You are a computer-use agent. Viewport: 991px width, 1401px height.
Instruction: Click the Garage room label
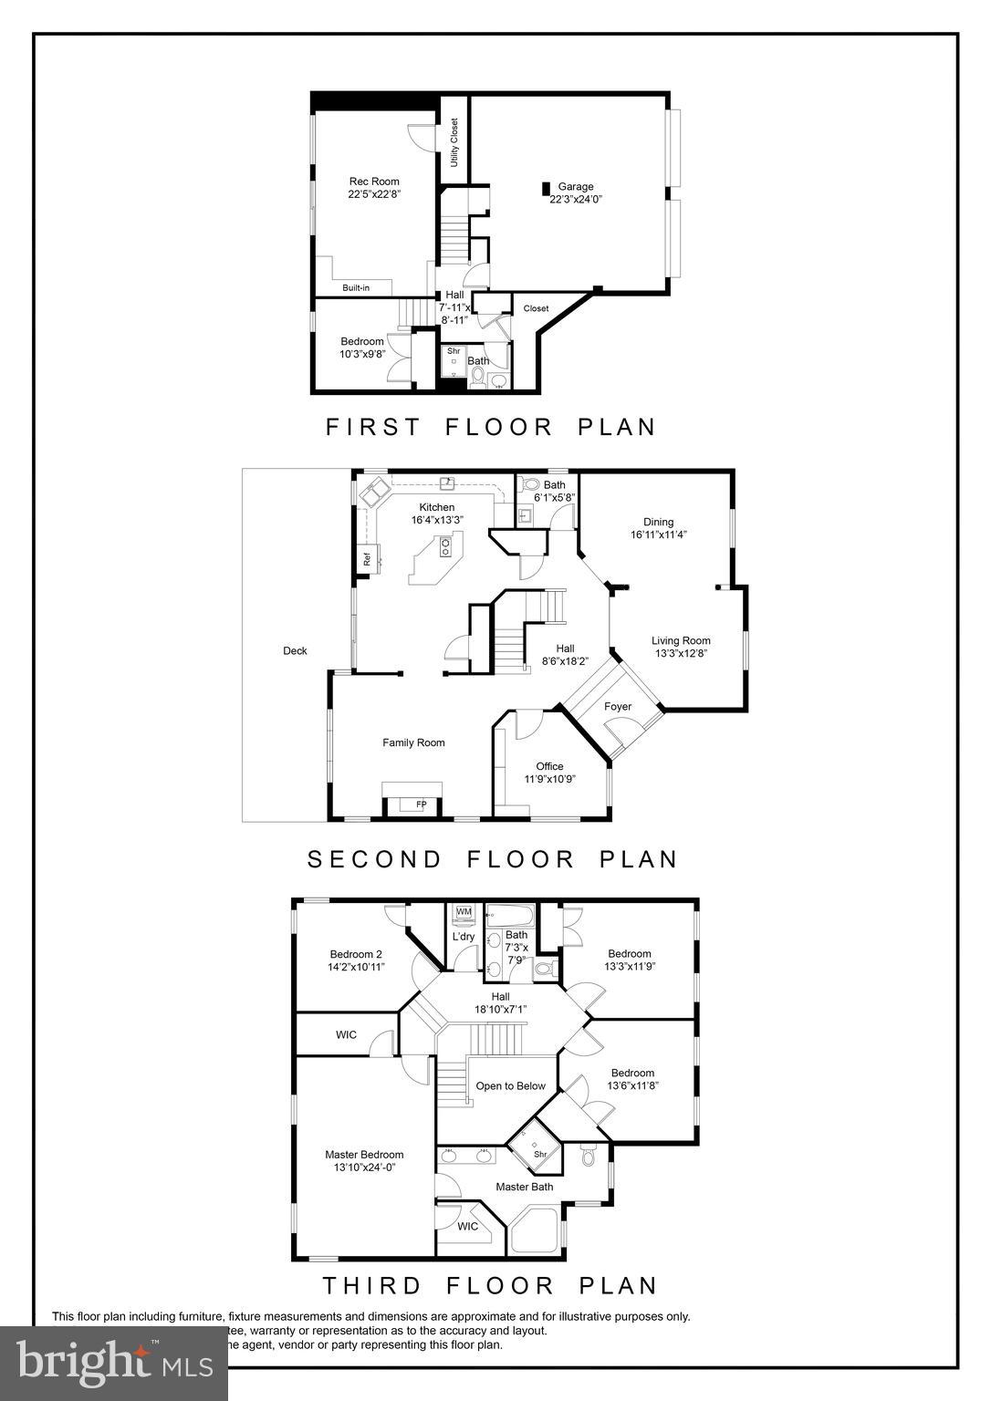(576, 186)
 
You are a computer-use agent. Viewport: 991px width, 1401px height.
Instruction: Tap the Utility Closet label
(454, 142)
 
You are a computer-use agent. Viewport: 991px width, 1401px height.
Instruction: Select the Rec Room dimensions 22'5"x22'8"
(374, 194)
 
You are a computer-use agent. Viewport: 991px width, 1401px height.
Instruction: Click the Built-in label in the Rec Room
(356, 288)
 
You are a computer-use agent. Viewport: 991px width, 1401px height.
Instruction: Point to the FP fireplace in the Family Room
(421, 804)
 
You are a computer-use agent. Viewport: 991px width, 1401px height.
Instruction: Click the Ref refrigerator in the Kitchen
(367, 560)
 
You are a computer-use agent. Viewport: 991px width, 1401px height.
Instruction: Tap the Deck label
(295, 651)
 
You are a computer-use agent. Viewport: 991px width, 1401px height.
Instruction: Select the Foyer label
(618, 707)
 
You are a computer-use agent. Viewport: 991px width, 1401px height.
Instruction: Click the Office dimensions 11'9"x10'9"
(549, 780)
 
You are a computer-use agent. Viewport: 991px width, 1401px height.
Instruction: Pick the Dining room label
(658, 523)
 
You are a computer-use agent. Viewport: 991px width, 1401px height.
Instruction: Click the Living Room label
(681, 641)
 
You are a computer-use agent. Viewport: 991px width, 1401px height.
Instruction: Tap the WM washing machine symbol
(464, 911)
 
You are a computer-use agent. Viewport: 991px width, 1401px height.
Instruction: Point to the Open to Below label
(511, 1086)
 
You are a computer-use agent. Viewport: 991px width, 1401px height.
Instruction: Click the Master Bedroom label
(364, 1155)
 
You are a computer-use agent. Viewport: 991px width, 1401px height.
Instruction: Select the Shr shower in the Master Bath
(539, 1154)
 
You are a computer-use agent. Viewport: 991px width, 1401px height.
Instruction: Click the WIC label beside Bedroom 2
(346, 1035)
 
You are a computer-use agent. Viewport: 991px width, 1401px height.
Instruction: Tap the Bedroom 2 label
(356, 955)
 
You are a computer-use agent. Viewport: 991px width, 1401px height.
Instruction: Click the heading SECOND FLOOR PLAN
(493, 859)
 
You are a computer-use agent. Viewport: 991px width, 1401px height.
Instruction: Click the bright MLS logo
(114, 1363)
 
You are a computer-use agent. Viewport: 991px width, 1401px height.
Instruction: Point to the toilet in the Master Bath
(589, 1157)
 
